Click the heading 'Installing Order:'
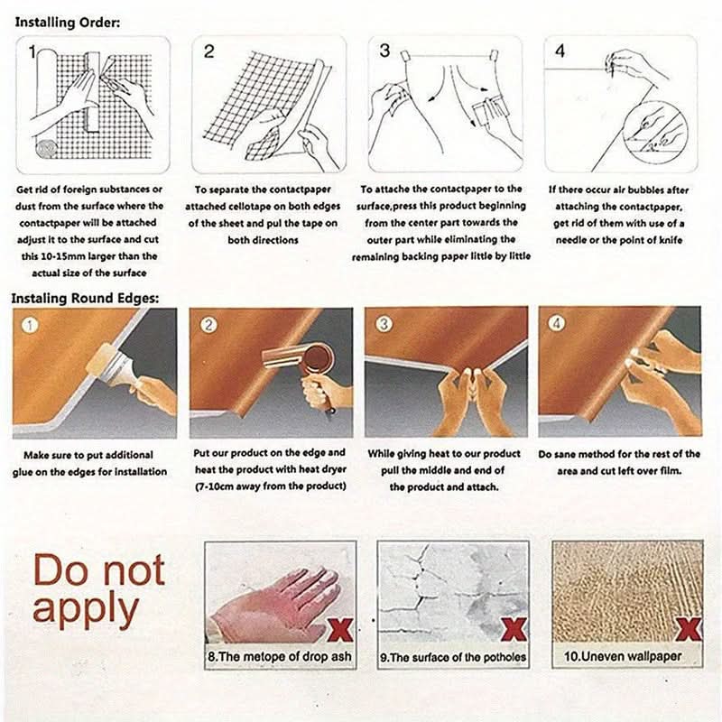[x=68, y=22]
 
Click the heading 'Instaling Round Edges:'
[x=85, y=298]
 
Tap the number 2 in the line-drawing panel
[x=209, y=51]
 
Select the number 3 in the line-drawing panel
[x=385, y=51]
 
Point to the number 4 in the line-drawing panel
[x=560, y=51]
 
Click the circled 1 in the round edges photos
[x=30, y=326]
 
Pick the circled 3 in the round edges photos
[x=384, y=324]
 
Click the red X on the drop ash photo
[x=341, y=630]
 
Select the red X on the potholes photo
[x=514, y=630]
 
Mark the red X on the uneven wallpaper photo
[x=689, y=629]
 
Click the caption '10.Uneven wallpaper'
[x=623, y=656]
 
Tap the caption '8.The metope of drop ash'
[x=280, y=656]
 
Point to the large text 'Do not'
[x=99, y=570]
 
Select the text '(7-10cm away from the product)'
[x=270, y=486]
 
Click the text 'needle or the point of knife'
[x=619, y=240]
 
